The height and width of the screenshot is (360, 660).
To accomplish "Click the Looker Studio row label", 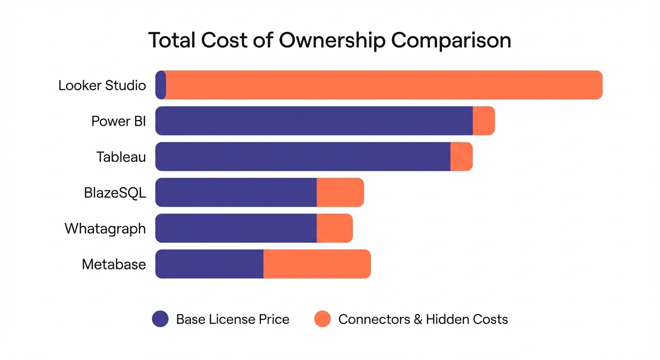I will tap(102, 85).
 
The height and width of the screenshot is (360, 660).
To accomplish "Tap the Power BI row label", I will tap(119, 121).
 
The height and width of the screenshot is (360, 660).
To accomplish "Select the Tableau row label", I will tap(121, 157).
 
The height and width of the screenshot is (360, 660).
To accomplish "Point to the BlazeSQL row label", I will tap(115, 193).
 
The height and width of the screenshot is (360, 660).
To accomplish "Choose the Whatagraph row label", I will tap(105, 229).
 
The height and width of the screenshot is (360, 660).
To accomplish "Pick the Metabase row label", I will tap(114, 264).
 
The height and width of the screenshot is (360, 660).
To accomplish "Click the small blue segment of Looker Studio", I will tap(160, 85).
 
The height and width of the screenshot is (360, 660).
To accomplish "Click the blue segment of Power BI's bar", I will tap(314, 121).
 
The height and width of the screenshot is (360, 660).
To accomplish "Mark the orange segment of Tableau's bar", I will tap(461, 157).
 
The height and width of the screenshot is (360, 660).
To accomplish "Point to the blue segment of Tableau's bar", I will tap(303, 157).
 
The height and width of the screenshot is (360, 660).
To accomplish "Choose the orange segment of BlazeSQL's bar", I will tap(340, 192).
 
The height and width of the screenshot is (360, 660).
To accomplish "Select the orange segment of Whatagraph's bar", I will tap(335, 228).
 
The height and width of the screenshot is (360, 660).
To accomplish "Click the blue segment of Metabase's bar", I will tap(209, 264).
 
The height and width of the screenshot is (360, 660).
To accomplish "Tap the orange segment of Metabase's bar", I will tap(317, 264).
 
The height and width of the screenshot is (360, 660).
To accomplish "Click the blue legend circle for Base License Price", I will tap(160, 319).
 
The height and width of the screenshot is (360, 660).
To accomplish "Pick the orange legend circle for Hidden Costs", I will tap(322, 319).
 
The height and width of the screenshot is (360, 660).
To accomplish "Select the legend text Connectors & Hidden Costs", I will tap(423, 319).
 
